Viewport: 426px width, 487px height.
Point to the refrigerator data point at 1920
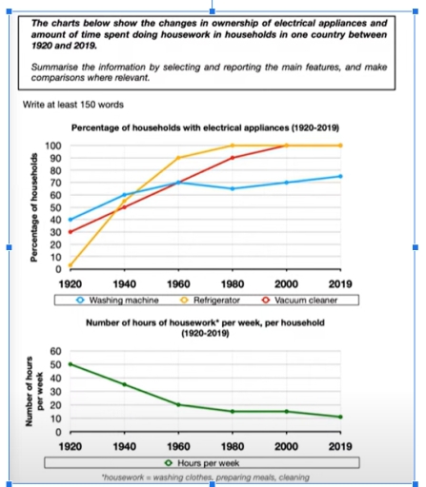coord(71,265)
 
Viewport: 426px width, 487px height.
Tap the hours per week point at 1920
coord(71,364)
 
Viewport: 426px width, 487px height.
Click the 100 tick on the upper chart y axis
coord(54,146)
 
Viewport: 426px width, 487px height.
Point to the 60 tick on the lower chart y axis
coord(56,351)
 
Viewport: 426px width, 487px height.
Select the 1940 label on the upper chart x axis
coord(124,282)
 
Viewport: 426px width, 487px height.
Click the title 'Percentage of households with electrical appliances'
coord(205,127)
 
